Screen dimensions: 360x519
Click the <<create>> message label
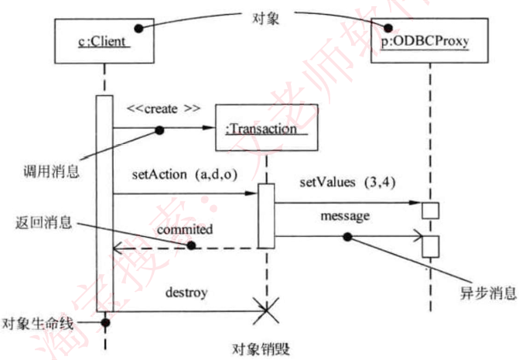pyautogui.click(x=164, y=108)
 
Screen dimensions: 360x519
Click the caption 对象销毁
pyautogui.click(x=261, y=348)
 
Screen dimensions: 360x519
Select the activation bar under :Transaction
pyautogui.click(x=266, y=215)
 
